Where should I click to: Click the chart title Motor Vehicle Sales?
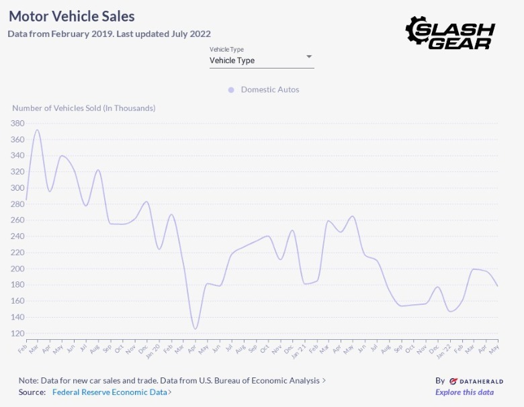click(x=71, y=16)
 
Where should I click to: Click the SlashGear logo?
click(x=450, y=32)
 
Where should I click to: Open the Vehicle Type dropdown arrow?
click(x=309, y=57)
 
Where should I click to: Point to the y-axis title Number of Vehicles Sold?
click(x=83, y=107)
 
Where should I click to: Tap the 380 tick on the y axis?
click(x=17, y=124)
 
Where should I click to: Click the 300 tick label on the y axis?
click(x=17, y=188)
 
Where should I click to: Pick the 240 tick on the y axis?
click(x=17, y=236)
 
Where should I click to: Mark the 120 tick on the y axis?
click(x=17, y=333)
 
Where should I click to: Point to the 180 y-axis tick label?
click(x=17, y=285)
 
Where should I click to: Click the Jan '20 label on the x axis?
click(x=154, y=349)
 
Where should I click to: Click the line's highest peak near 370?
click(x=37, y=130)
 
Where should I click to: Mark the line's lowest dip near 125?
click(x=195, y=328)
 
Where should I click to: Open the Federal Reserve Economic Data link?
click(x=111, y=392)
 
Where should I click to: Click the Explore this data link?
click(x=464, y=392)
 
